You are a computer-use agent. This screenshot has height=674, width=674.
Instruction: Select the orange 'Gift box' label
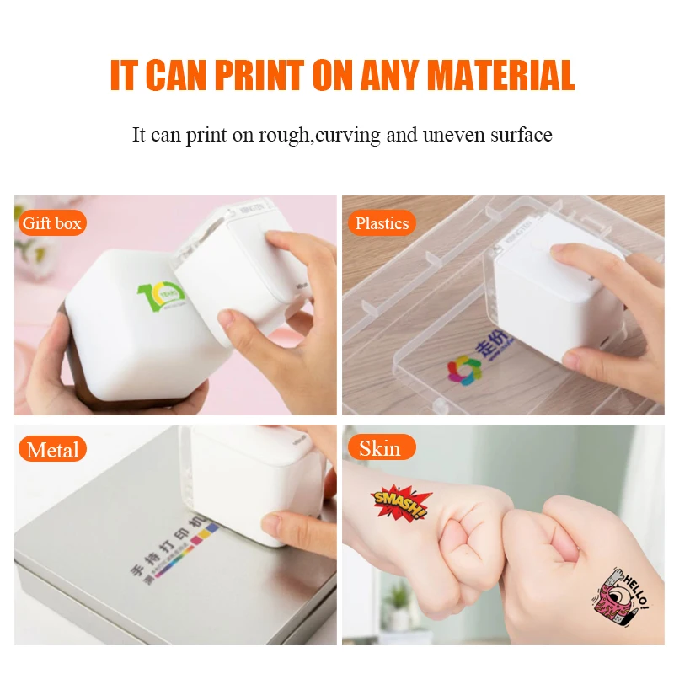tap(52, 223)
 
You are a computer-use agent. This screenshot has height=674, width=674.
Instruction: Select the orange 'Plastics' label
tap(382, 223)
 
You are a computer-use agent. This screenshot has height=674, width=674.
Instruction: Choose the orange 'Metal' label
tap(53, 449)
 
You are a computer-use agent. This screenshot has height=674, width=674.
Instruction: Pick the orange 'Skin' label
tap(380, 448)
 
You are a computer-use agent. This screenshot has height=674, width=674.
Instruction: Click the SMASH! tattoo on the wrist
tap(400, 502)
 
